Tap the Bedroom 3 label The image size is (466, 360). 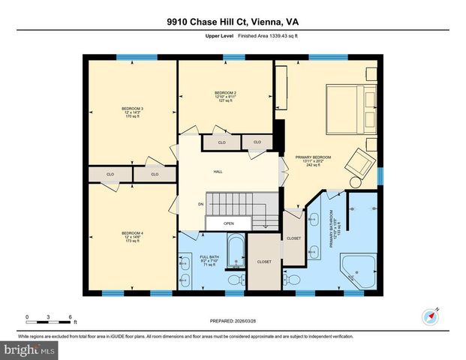click(132, 112)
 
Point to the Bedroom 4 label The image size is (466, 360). click(132, 237)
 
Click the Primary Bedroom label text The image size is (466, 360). click(318, 160)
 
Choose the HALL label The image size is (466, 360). click(218, 172)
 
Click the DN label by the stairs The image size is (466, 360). click(200, 203)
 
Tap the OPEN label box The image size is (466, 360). click(228, 223)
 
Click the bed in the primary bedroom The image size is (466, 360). click(347, 107)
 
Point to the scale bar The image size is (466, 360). click(48, 322)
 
